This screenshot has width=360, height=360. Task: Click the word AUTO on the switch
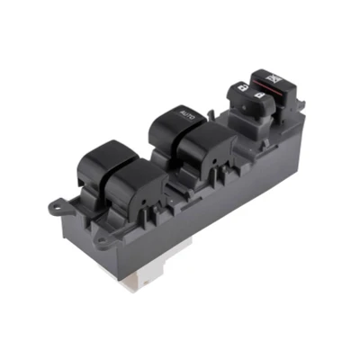[187, 114]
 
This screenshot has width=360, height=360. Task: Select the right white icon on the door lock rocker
[259, 95]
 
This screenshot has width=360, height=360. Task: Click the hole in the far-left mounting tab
[55, 206]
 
